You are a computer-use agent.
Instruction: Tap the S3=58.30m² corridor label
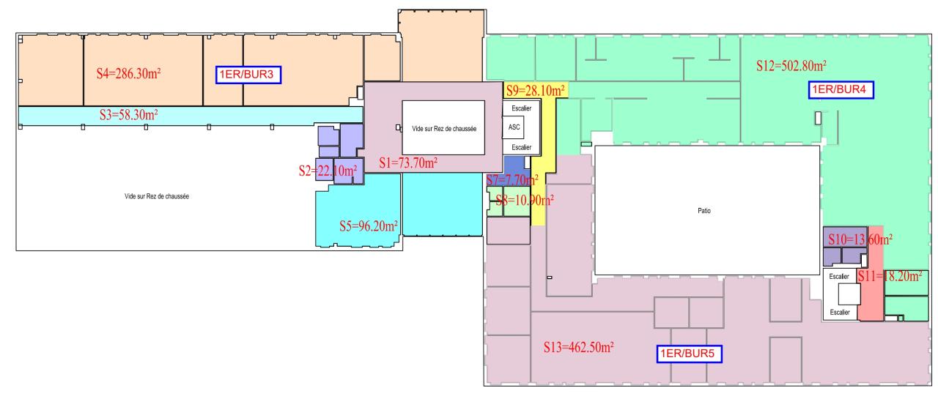coord(129,115)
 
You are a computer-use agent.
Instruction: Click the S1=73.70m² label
coord(409,162)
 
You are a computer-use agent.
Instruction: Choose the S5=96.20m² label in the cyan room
coord(368,226)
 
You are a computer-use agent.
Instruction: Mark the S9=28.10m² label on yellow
coord(536,91)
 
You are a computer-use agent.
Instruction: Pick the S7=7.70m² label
coord(513,179)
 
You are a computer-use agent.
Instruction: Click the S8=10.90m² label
coord(524,201)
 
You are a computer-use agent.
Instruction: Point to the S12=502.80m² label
coord(791,65)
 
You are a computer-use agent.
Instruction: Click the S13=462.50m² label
coord(578,346)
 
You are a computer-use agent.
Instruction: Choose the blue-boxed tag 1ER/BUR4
coord(841,91)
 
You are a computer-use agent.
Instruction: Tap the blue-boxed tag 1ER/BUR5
coord(688,354)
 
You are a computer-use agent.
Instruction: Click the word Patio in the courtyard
coord(705,210)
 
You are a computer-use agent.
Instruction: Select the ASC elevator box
coord(513,127)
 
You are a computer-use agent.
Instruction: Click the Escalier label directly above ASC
coord(521,108)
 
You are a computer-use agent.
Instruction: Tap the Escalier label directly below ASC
coord(521,146)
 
